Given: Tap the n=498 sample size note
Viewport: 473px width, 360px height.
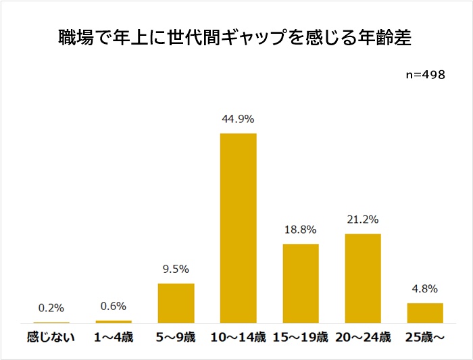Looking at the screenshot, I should click(425, 75).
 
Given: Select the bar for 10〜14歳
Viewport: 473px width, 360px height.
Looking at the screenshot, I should click(239, 228).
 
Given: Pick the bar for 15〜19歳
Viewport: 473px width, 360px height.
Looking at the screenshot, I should click(301, 283).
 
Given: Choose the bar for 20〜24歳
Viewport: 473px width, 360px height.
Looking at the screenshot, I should click(363, 278).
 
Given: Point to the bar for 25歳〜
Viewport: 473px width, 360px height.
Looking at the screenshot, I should click(425, 313).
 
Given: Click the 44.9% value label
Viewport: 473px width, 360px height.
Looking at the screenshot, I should click(238, 119).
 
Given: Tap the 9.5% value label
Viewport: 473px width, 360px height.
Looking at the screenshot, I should click(176, 269).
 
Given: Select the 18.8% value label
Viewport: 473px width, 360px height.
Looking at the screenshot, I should click(301, 229).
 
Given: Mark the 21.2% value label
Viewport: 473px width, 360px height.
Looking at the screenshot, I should click(363, 220).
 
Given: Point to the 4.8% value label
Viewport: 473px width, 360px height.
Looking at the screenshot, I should click(425, 288).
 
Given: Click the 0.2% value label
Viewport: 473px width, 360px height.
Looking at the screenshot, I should click(51, 308).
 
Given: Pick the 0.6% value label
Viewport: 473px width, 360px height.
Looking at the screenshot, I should click(114, 306).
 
